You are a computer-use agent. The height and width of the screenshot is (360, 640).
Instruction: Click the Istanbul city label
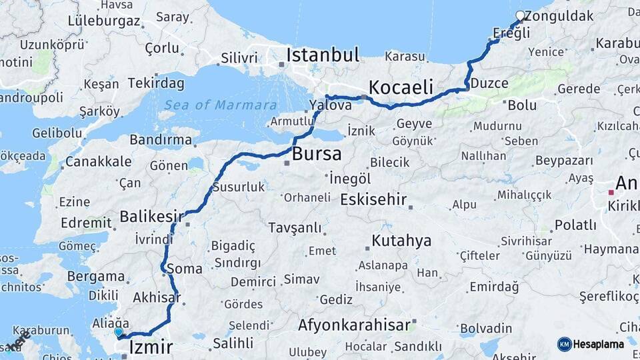(323, 55)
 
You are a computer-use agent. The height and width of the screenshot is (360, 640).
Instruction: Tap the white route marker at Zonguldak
(520, 15)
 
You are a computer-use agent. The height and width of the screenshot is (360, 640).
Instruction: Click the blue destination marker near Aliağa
(119, 331)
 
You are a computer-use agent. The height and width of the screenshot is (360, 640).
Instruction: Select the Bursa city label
(317, 154)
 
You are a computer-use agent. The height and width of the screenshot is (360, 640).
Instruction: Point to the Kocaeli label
(401, 87)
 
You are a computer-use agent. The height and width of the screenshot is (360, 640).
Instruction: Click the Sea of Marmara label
(220, 105)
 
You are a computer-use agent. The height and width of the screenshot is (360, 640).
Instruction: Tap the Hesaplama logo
(592, 344)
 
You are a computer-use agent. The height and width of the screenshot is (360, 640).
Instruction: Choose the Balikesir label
(151, 216)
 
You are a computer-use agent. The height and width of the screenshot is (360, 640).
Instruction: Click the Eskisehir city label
(373, 199)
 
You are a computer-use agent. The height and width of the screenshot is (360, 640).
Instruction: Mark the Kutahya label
(401, 240)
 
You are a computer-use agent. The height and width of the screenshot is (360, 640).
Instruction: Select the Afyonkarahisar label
(354, 325)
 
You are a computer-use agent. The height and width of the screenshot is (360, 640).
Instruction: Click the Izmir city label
(151, 347)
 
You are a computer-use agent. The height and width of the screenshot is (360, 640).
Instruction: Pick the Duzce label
(490, 83)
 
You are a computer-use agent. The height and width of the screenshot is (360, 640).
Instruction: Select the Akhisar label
(157, 297)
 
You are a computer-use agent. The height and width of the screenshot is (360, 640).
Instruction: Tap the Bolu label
(522, 105)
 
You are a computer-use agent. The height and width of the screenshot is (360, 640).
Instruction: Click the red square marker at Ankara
(611, 192)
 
